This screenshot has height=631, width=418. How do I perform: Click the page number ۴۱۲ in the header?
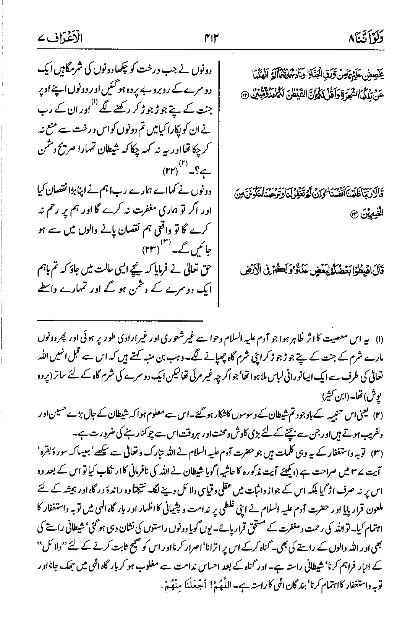[209, 38]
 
